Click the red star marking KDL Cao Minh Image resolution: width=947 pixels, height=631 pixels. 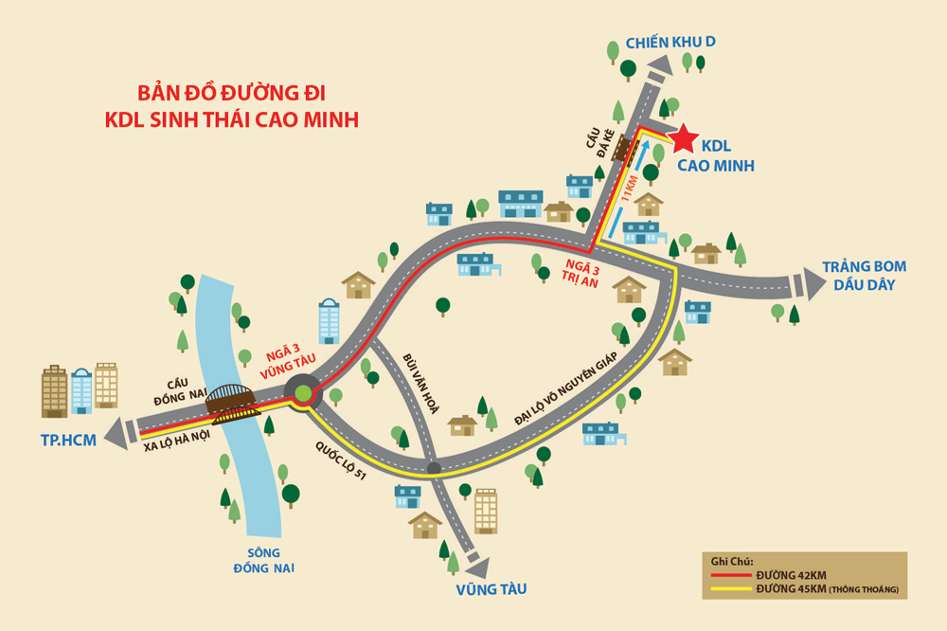point(683,139)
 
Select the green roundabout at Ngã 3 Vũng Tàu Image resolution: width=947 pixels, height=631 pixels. point(303,393)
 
